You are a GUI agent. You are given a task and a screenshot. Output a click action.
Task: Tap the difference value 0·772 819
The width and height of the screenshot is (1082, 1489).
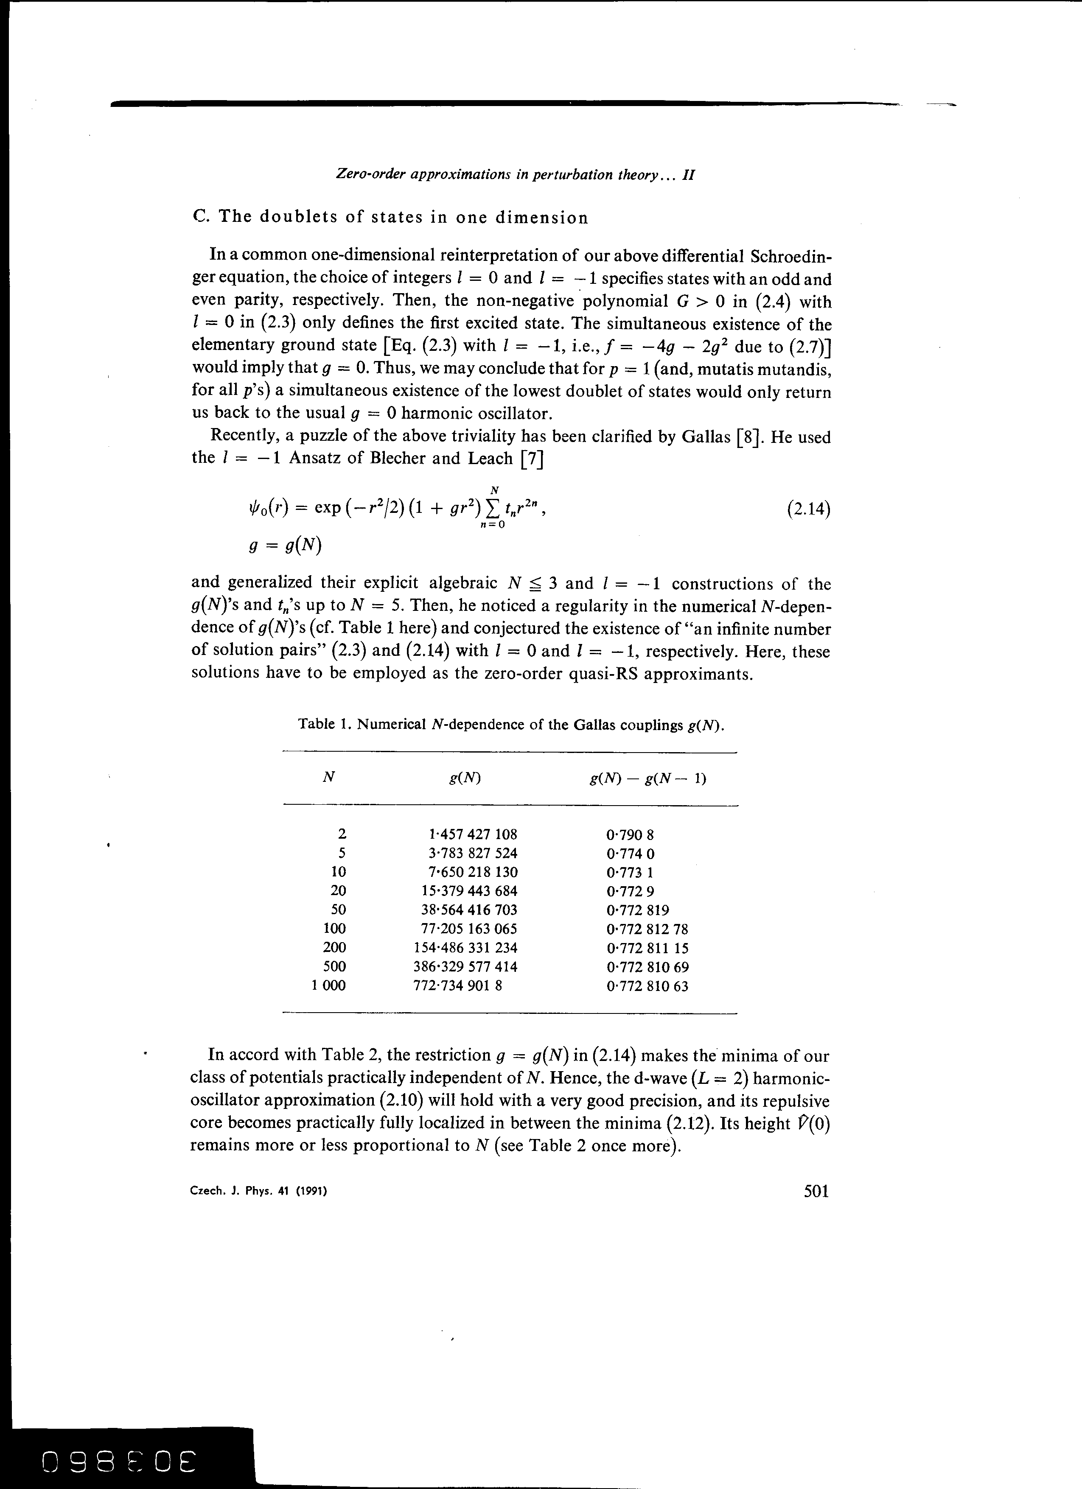637,910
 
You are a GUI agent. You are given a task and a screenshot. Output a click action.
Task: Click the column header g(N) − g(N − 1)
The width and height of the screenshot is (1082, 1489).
648,779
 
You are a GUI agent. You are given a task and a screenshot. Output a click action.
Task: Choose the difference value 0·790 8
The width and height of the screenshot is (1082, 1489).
630,835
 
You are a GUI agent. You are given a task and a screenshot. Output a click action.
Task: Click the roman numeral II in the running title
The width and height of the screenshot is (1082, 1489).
689,175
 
